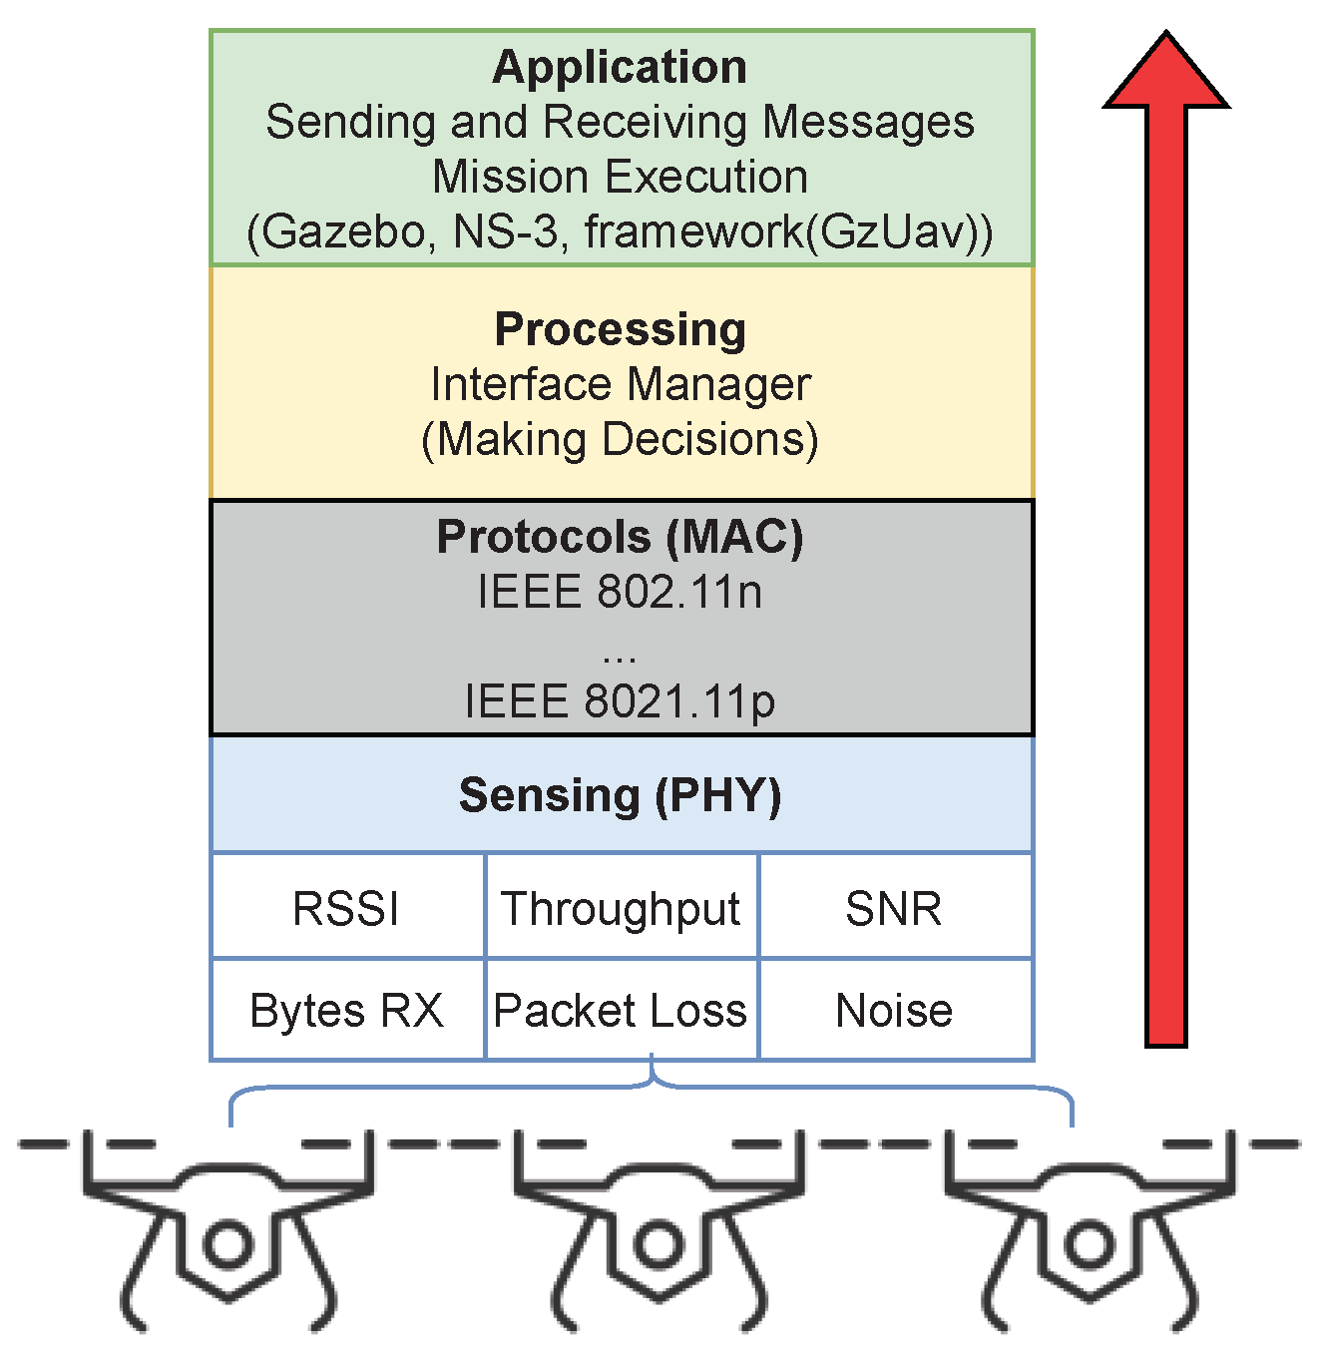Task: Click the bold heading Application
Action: point(620,67)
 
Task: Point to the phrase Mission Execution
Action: point(620,177)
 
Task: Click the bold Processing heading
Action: point(620,329)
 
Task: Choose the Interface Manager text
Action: point(620,384)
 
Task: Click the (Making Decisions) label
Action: point(620,439)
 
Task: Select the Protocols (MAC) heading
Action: point(620,537)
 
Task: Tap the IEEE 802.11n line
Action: point(620,592)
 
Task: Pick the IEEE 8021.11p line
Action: point(620,701)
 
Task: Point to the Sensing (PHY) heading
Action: point(620,795)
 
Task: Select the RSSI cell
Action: point(346,909)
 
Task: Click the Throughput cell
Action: point(621,909)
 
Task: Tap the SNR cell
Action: point(893,909)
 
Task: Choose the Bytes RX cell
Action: point(346,1011)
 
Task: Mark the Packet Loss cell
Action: point(621,1011)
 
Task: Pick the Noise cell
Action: point(894,1011)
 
